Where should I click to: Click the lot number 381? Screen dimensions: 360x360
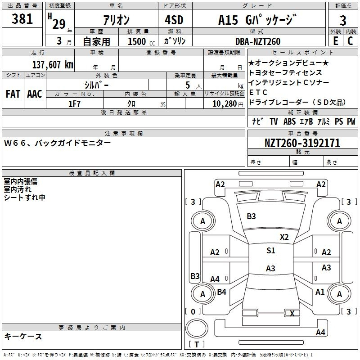tap(22, 18)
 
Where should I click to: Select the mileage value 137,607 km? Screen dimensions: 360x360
tap(53, 65)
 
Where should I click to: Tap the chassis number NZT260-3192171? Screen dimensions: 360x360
tap(302, 143)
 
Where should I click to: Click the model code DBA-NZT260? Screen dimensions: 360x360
tap(258, 41)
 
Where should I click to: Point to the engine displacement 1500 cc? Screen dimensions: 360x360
tap(141, 41)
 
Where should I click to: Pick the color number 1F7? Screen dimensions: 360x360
tap(74, 104)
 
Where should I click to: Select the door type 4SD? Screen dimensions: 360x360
tap(174, 20)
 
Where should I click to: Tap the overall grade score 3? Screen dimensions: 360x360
tap(343, 21)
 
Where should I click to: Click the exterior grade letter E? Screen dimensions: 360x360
tap(336, 41)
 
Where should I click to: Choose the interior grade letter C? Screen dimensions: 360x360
tap(350, 41)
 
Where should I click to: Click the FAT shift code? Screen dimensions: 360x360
tap(13, 94)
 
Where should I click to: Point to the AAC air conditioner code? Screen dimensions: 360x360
tap(35, 94)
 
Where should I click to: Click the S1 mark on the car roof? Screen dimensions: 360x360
tap(271, 251)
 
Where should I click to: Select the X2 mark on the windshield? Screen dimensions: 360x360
tap(284, 237)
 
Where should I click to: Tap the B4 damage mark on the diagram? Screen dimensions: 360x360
tap(221, 292)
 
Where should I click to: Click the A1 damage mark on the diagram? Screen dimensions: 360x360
tap(320, 292)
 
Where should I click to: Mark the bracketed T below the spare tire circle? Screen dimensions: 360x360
tap(197, 344)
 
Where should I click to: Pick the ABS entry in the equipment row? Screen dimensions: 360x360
tap(289, 121)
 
